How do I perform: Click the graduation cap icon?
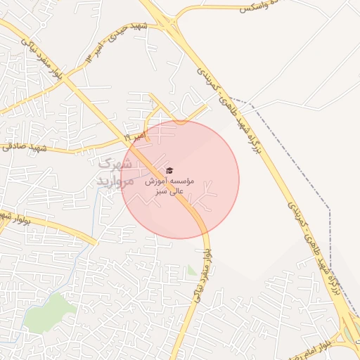(169, 171)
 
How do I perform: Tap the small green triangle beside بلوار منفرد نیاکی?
(192, 270)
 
